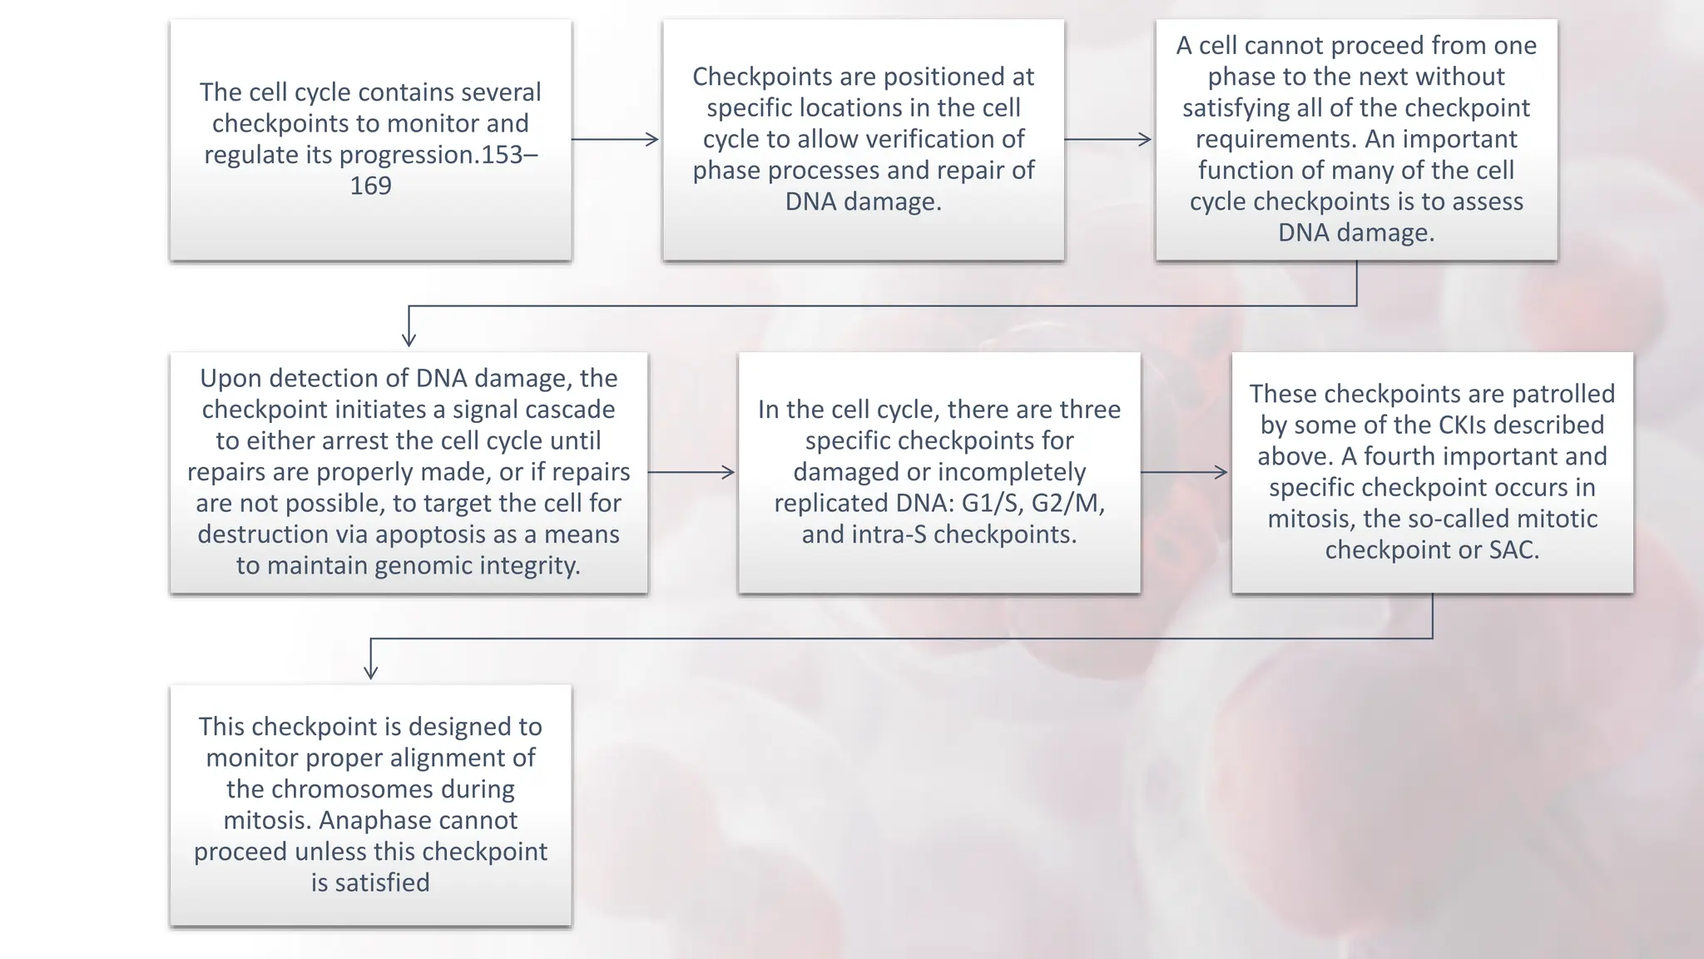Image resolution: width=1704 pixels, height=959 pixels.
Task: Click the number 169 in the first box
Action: pos(370,186)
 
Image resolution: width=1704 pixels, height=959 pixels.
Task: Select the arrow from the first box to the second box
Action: pos(616,139)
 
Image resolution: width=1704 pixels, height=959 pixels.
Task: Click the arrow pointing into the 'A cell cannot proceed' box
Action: pos(1108,139)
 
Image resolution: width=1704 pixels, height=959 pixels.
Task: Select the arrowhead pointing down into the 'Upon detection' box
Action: pos(409,338)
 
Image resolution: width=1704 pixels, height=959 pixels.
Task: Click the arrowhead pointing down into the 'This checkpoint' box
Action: pos(371,671)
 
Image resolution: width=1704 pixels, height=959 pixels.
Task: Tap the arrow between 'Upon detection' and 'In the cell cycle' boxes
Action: pos(691,472)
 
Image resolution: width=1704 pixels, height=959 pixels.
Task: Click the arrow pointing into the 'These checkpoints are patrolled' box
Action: pos(1185,472)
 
